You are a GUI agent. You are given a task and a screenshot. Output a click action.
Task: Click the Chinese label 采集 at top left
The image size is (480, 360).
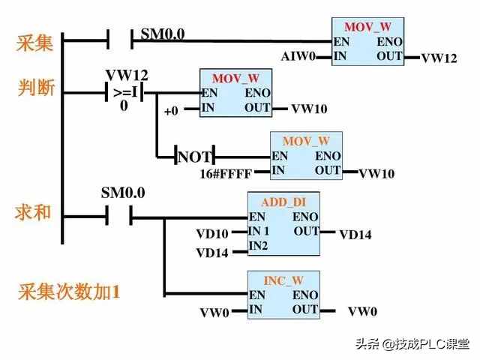coord(35,43)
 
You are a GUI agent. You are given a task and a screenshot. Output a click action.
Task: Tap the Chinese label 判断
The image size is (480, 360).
coord(35,89)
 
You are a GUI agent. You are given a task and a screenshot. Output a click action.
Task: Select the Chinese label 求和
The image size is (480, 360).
coord(34,212)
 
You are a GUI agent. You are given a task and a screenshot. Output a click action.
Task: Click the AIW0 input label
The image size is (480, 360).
coord(297,57)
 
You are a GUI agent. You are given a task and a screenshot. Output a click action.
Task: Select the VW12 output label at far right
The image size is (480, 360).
coord(439,58)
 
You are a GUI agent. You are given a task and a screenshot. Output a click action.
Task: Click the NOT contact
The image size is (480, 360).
coord(195,157)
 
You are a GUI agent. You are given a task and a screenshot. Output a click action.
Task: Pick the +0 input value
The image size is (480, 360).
coord(171,110)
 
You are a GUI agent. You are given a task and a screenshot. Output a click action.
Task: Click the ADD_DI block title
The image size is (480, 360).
coord(283,202)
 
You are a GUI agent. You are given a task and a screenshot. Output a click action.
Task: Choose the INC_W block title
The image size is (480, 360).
coord(283,280)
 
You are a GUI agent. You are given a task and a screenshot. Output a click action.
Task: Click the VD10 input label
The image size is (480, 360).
coord(212,234)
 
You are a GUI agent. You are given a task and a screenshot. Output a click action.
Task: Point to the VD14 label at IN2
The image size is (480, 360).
coord(212,253)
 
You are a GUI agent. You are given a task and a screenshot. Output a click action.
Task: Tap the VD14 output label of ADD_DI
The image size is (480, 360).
coord(355,235)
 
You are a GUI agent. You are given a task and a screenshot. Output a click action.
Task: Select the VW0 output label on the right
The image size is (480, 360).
coord(363,311)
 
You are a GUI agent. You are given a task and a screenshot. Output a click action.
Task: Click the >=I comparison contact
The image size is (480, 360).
coord(124,94)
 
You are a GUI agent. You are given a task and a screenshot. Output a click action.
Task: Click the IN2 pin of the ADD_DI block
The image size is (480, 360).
coord(259,245)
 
